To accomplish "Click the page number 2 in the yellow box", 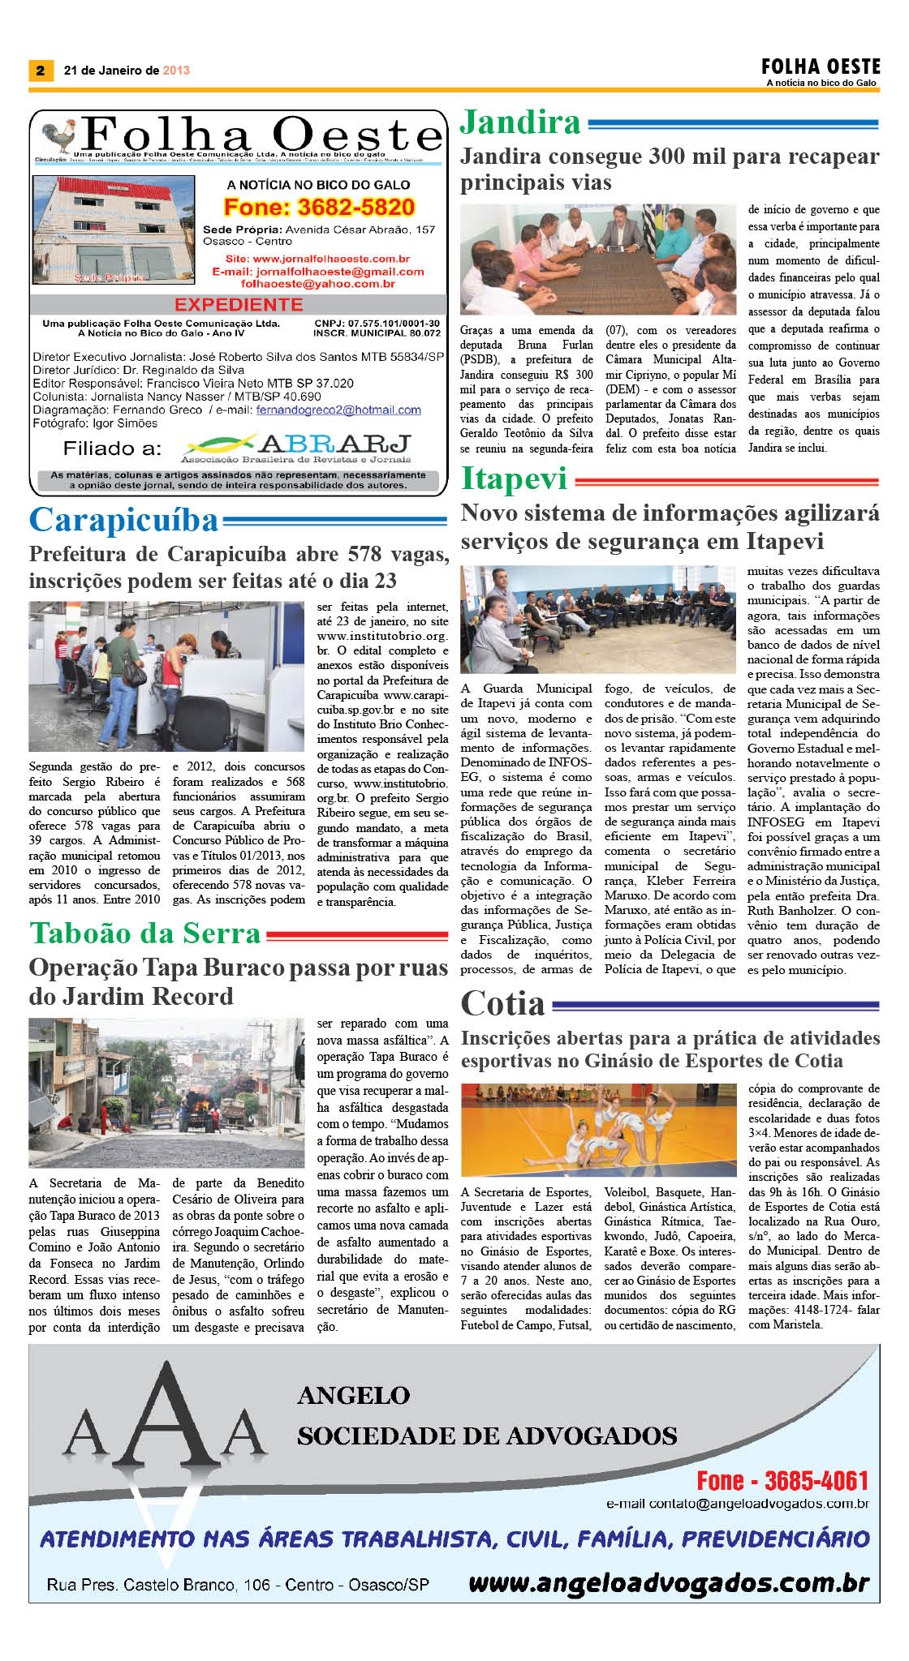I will pos(40,71).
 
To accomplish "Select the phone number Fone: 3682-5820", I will pos(319,208).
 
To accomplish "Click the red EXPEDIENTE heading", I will pos(239,305).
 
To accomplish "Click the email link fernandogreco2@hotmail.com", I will pos(338,410).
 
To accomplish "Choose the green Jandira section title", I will pos(520,123).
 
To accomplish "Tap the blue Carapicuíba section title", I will pos(124,520).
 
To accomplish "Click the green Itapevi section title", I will pos(514,479).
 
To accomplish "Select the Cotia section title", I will pos(503,1004).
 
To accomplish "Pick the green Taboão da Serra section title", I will pos(145,934).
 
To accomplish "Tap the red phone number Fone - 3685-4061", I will pos(782,1480).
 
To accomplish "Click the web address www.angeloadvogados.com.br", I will pos(669,1582).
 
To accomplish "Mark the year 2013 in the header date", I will pos(176,71).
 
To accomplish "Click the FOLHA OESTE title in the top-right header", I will pos(820,67).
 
